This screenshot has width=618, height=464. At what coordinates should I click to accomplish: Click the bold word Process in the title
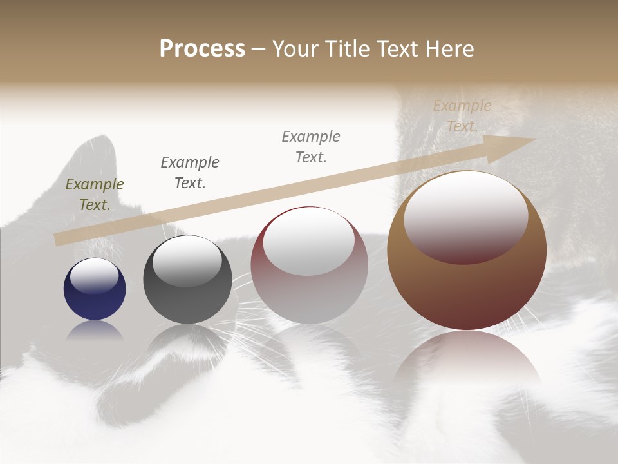point(202,49)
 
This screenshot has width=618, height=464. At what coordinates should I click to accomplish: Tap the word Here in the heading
point(450,49)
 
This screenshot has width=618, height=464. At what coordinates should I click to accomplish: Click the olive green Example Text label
point(95,195)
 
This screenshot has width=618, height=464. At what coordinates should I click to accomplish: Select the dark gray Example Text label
point(190,173)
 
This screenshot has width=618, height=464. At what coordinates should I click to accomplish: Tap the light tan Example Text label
point(462,116)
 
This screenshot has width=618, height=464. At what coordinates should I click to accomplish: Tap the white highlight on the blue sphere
point(94,276)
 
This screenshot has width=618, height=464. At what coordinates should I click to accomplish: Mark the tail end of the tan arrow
point(59,239)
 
